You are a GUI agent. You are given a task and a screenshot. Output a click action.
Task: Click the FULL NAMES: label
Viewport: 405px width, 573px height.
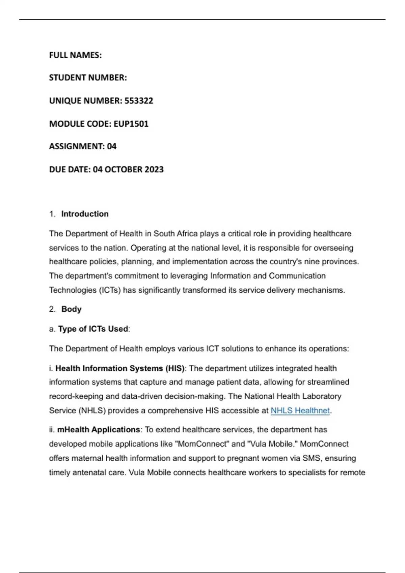(75, 55)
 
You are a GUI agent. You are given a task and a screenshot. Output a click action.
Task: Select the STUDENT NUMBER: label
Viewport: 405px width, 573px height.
(88, 78)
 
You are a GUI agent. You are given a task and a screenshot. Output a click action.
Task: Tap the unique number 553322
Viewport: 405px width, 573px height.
(139, 100)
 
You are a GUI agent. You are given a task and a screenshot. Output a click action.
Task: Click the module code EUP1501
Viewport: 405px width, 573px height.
(131, 124)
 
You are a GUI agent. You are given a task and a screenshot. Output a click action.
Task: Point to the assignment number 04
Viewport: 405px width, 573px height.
(112, 146)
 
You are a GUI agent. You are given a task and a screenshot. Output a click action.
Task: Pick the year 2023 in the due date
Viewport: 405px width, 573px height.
(154, 169)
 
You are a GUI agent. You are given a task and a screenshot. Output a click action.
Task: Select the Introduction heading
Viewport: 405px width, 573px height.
(85, 214)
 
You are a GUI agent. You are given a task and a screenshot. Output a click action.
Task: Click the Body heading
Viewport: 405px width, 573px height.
(71, 309)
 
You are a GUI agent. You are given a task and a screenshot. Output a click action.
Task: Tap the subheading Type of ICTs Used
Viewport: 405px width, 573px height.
(93, 329)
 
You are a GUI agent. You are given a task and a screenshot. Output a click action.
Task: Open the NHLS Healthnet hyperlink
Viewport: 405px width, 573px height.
(300, 411)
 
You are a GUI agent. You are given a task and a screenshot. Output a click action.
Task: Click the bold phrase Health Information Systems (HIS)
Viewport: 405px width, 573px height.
(120, 368)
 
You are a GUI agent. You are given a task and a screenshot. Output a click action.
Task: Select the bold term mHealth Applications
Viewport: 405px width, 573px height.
(99, 429)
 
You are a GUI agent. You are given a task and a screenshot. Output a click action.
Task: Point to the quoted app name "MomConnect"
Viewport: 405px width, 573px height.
(202, 444)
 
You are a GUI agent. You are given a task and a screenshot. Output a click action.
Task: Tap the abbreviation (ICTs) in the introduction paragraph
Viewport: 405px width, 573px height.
(110, 290)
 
